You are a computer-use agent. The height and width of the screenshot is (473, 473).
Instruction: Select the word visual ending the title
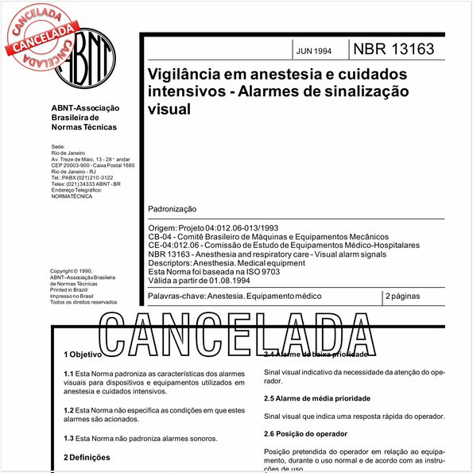(169, 109)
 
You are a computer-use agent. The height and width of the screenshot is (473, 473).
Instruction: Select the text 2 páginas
(404, 296)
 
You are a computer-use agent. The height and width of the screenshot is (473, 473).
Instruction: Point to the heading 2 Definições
(87, 457)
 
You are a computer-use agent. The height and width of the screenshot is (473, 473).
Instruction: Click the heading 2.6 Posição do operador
(305, 434)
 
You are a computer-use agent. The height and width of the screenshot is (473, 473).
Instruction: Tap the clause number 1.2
(68, 410)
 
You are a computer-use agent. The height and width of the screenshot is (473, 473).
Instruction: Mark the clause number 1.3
(68, 438)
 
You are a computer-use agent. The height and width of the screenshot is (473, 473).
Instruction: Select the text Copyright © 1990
(76, 271)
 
